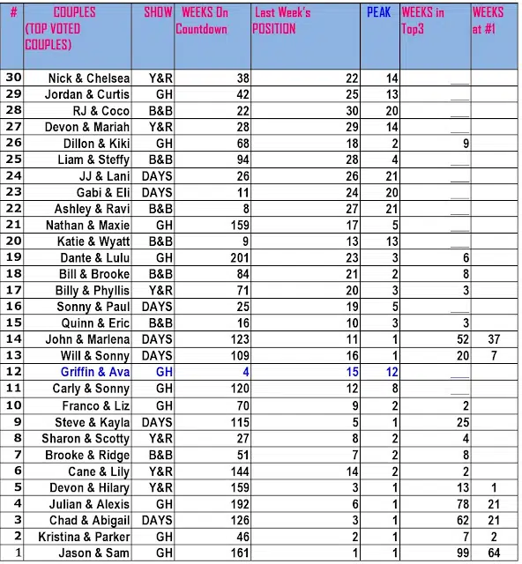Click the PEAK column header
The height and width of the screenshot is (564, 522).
tap(378, 13)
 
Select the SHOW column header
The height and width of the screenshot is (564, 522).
tap(158, 13)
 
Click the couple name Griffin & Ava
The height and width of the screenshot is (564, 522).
tap(95, 373)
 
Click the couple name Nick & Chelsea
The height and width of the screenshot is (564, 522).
tap(89, 78)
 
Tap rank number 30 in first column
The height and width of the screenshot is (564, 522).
tap(13, 78)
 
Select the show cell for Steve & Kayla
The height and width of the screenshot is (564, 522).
tap(158, 422)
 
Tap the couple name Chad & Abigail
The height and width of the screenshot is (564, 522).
tap(89, 521)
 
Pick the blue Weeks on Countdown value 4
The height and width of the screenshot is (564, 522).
tap(246, 373)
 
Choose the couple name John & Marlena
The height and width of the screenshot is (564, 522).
tap(87, 339)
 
